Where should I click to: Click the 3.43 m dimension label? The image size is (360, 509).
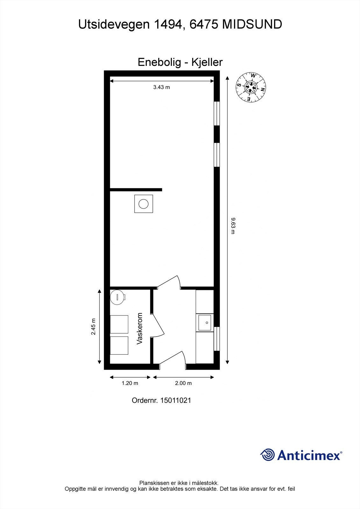point(161,87)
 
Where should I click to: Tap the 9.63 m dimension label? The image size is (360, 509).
point(233,226)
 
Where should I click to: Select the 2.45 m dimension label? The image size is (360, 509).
point(93,327)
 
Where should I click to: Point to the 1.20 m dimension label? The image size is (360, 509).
point(130,383)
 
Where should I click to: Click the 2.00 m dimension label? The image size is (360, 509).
point(183,383)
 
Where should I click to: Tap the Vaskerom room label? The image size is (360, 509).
point(139,329)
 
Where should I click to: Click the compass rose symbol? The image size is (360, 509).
point(251,87)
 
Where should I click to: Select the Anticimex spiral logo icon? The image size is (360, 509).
point(267,455)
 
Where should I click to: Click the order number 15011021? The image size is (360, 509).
point(176,400)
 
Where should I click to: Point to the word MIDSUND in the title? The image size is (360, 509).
point(252,24)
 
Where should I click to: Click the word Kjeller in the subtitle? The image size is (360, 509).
point(207,62)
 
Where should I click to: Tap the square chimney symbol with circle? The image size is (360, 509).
point(144,204)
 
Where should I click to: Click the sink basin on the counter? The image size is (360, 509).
point(205,323)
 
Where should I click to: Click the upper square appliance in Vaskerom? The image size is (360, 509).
point(119,324)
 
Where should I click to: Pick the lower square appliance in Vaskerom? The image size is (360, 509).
point(119,345)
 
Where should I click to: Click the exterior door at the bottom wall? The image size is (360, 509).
point(173,361)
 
